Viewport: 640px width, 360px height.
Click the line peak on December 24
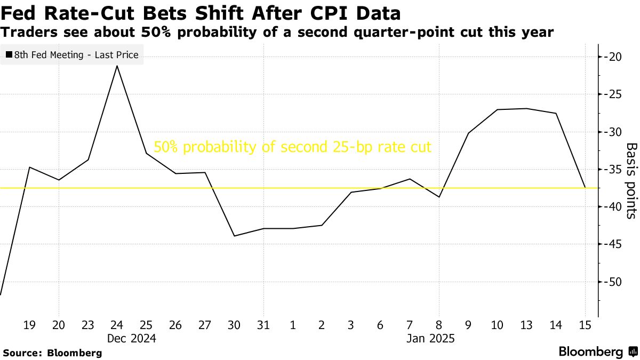point(117,66)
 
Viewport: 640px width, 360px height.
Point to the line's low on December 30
point(235,236)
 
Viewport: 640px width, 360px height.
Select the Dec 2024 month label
point(131,338)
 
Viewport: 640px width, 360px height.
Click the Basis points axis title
point(631,180)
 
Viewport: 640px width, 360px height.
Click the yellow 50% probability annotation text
point(292,147)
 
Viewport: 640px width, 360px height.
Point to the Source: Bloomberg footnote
point(52,353)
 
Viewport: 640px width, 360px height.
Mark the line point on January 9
point(468,133)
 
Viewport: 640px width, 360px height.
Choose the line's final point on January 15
point(585,187)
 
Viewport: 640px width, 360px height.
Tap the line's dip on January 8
point(439,197)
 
